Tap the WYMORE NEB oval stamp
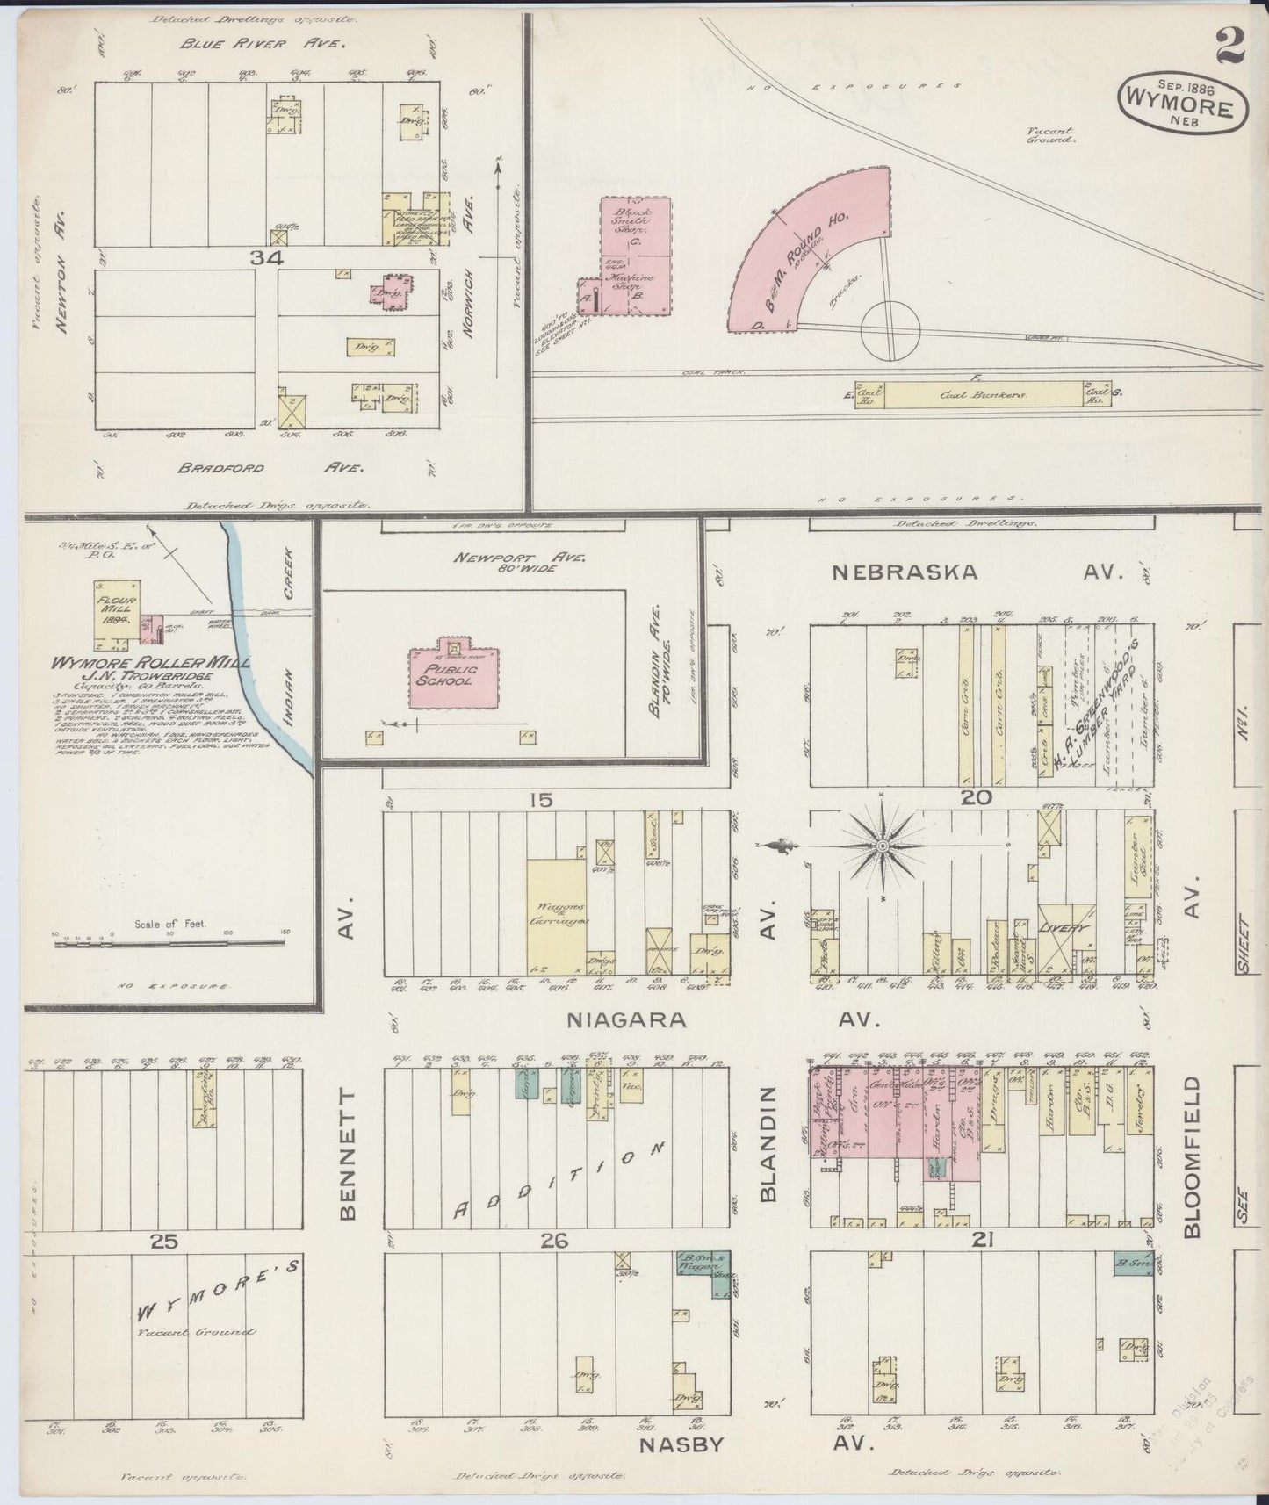pos(1182,103)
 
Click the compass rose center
pos(882,846)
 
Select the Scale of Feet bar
pos(169,941)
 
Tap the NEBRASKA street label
pos(905,572)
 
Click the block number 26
pos(555,1241)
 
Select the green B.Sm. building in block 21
pos(1132,1264)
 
